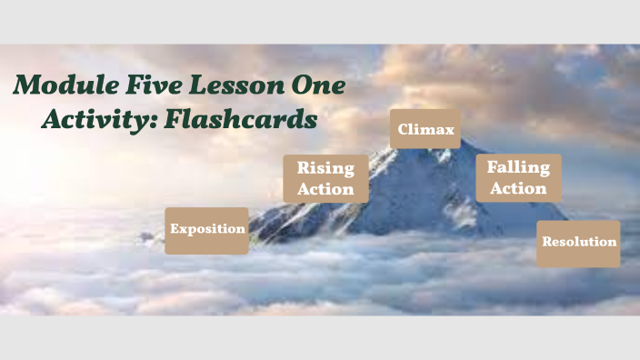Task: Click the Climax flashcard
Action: (x=425, y=129)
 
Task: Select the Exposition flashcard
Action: (x=207, y=230)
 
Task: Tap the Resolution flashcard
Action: (x=578, y=243)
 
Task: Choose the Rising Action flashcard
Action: (x=325, y=178)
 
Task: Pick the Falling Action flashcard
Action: (x=518, y=177)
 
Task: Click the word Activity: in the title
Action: (x=98, y=119)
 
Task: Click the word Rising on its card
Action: (x=325, y=168)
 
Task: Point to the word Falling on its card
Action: (x=518, y=167)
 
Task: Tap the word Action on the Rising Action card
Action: (x=325, y=189)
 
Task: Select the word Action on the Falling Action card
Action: (x=518, y=188)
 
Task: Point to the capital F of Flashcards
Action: (x=175, y=119)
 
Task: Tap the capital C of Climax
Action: (x=403, y=129)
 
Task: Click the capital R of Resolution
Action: (x=546, y=243)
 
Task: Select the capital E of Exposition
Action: (x=175, y=229)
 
